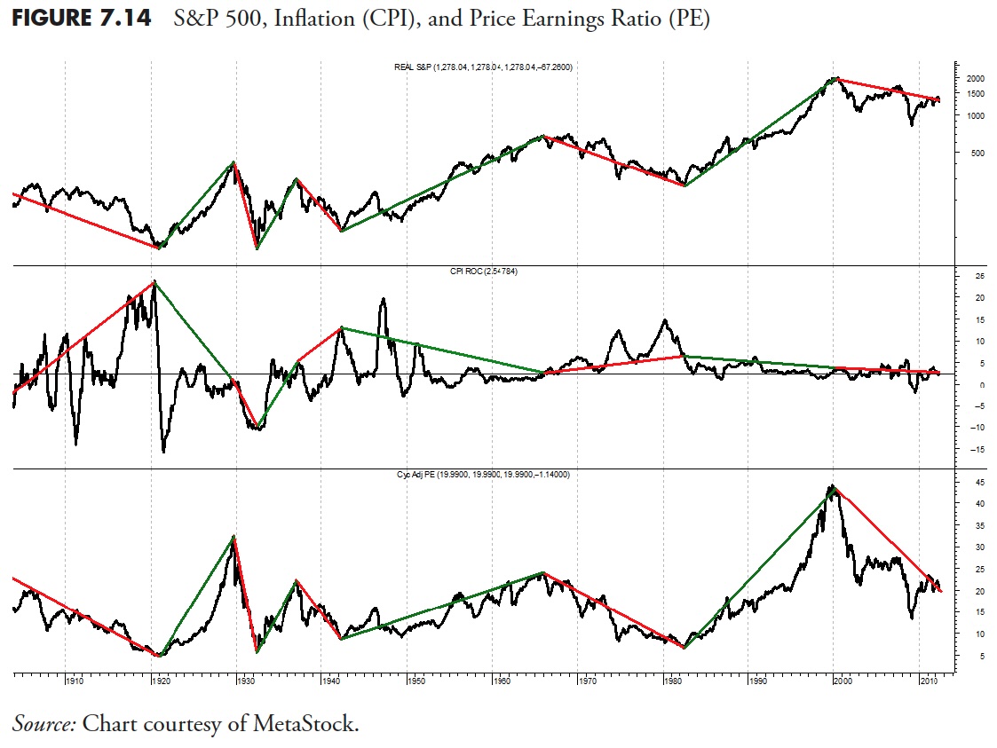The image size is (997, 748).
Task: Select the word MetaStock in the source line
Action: [310, 723]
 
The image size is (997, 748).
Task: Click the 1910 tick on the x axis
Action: [75, 681]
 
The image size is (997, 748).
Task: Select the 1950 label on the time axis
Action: [415, 681]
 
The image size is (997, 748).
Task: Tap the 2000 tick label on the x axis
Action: [843, 681]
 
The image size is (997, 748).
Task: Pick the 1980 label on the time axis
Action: [672, 681]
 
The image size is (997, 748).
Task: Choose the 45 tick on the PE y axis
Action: [969, 483]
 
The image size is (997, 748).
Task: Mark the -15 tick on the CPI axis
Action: [970, 449]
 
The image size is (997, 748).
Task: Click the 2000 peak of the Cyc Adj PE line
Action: [832, 486]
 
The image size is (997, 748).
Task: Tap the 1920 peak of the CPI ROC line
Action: [154, 282]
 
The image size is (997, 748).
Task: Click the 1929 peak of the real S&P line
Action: [233, 163]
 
